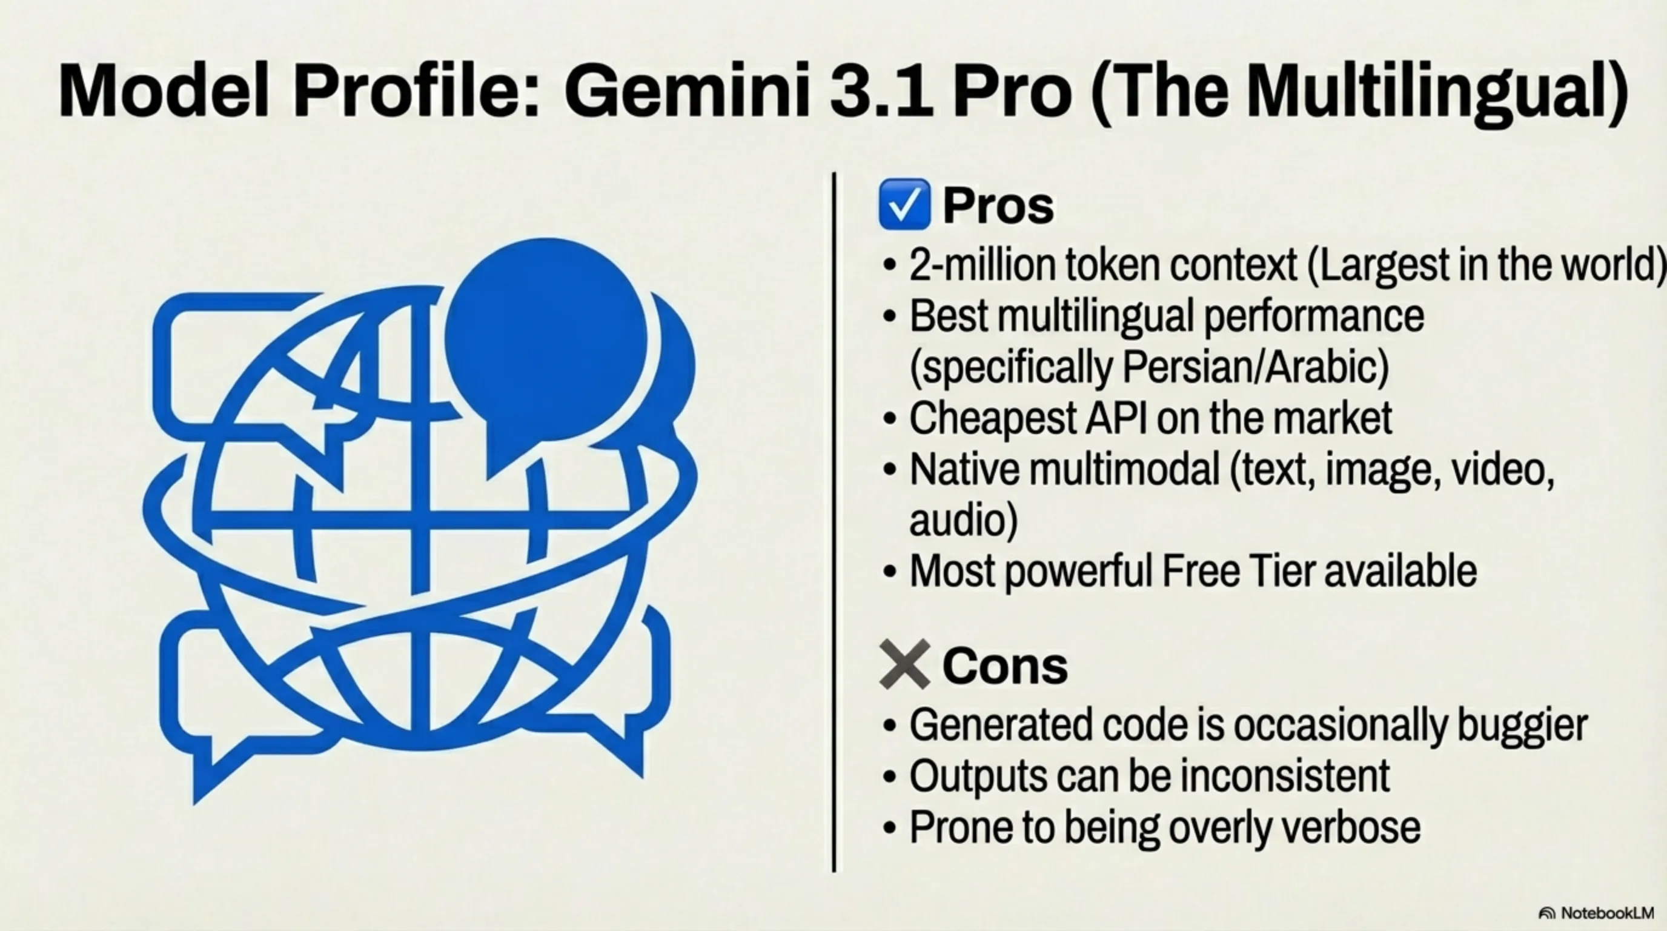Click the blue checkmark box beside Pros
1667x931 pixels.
[x=904, y=205]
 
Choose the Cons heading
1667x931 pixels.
[x=1004, y=666]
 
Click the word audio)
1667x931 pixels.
[x=964, y=520]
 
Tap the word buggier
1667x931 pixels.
[x=1522, y=726]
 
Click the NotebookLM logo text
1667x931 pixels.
[x=1607, y=913]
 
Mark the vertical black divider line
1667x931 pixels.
[x=834, y=522]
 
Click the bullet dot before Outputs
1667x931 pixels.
[x=890, y=776]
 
